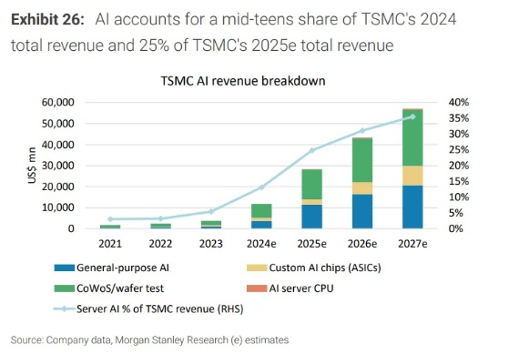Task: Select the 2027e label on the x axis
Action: click(412, 245)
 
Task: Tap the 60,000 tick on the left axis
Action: click(56, 103)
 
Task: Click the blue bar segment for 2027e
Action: click(412, 207)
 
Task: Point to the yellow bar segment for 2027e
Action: click(412, 176)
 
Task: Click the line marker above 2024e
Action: click(261, 187)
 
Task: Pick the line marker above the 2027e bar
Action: click(412, 116)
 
